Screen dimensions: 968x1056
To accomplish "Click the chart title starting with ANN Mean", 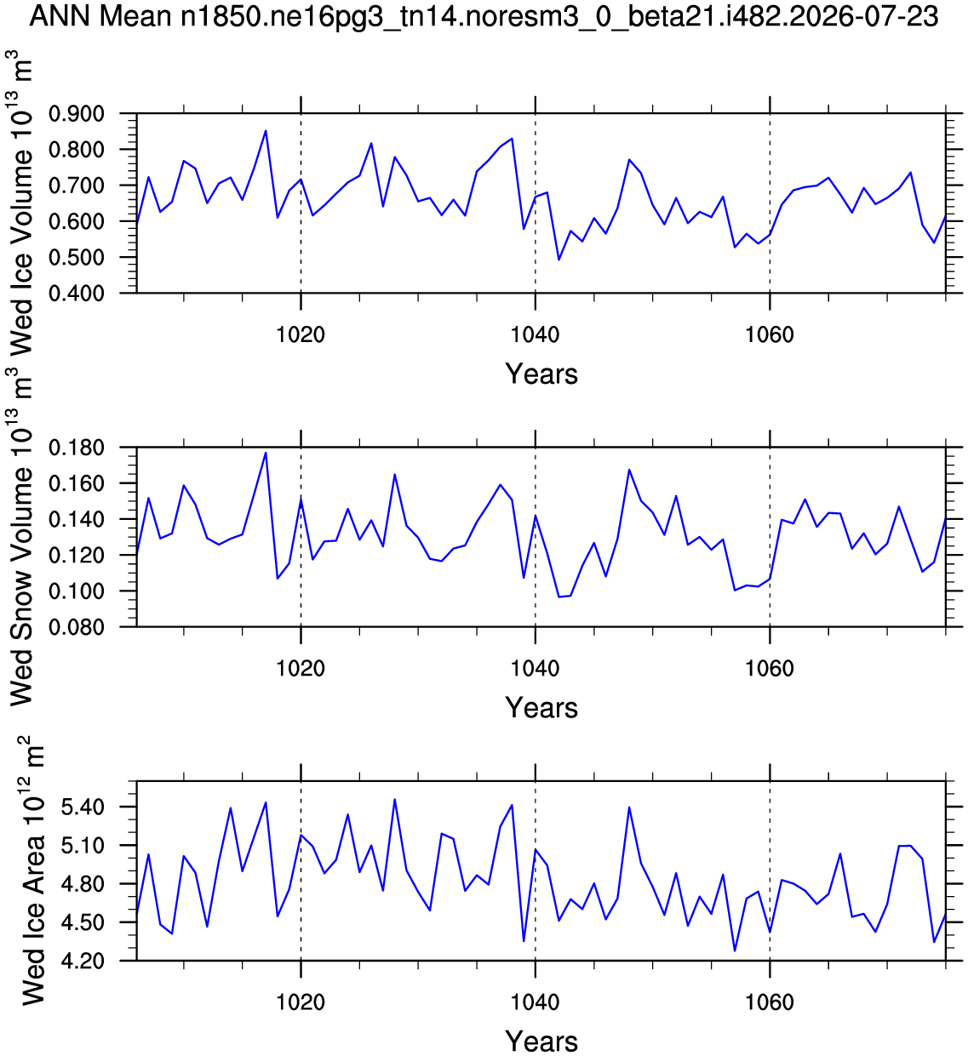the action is tap(484, 17).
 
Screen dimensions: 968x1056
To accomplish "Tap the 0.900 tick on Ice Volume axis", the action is tap(77, 114).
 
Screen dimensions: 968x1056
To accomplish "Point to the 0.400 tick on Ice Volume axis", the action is tap(77, 294).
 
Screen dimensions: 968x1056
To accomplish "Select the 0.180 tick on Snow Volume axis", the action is tap(77, 448).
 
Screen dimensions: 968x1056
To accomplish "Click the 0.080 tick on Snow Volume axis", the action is tap(77, 627).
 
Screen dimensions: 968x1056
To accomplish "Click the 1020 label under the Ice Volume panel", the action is tap(301, 334).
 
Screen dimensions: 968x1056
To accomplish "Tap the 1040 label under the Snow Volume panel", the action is tap(535, 669).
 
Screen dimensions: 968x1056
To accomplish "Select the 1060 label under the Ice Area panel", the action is tap(770, 1002).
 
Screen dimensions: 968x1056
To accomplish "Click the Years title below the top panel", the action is tap(541, 374).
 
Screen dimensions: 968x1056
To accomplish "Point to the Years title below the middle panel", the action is tap(541, 708).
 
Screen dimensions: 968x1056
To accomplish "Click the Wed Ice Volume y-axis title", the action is tap(21, 203).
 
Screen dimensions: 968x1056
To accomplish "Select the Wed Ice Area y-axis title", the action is tap(32, 871).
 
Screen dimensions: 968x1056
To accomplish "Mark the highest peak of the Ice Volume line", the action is tap(266, 130).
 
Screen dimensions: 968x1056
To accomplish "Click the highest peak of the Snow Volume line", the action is tap(266, 453).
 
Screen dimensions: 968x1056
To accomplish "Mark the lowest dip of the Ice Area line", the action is tap(735, 950).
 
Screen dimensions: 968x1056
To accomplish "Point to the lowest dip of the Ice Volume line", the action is tap(559, 260).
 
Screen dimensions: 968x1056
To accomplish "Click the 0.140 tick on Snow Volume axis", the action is tap(77, 520).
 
